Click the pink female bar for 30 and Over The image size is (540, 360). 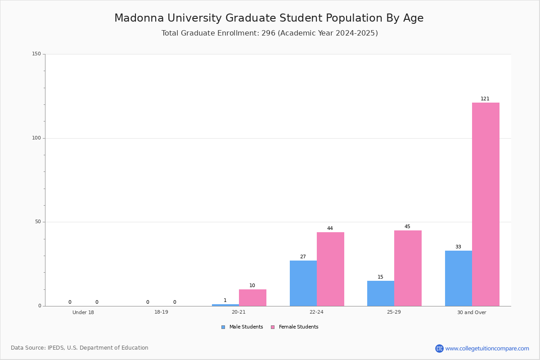(x=486, y=204)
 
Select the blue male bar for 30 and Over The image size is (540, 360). (x=459, y=278)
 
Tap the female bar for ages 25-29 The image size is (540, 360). (x=408, y=268)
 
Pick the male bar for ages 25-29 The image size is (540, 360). (x=381, y=293)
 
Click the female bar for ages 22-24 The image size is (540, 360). (x=330, y=269)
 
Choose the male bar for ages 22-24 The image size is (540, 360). (x=303, y=283)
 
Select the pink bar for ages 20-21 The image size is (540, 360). (x=252, y=298)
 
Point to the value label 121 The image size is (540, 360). (x=485, y=99)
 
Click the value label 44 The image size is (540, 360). (x=330, y=228)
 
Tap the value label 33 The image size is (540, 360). (x=458, y=247)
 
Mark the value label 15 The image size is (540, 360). (x=380, y=277)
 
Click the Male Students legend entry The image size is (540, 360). (x=242, y=327)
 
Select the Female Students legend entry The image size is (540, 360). (x=294, y=327)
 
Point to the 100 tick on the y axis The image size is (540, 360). (x=36, y=138)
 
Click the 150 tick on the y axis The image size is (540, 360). (x=36, y=54)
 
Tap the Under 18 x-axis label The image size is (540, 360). (x=83, y=312)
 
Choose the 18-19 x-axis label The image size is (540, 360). (x=161, y=312)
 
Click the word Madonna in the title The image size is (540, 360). (x=139, y=18)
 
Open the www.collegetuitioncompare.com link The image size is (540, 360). (x=487, y=348)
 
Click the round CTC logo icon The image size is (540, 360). (x=440, y=348)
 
